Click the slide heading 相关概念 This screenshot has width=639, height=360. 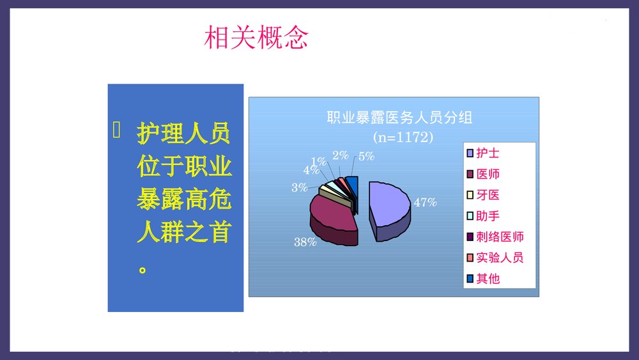click(256, 38)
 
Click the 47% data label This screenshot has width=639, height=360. click(425, 203)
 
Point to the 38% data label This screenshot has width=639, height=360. click(305, 242)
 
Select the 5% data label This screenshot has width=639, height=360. click(366, 155)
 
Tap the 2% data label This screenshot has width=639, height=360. click(341, 155)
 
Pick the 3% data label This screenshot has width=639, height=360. click(299, 188)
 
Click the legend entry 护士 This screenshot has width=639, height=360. click(488, 153)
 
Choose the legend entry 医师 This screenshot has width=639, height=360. click(488, 174)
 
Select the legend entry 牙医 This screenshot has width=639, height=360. click(488, 195)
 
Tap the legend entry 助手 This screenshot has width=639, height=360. click(488, 215)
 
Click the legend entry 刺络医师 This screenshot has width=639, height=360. click(500, 237)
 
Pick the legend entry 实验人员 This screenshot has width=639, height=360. click(500, 258)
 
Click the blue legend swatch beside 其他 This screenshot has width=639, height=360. click(471, 278)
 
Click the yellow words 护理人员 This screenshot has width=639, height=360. click(183, 135)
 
